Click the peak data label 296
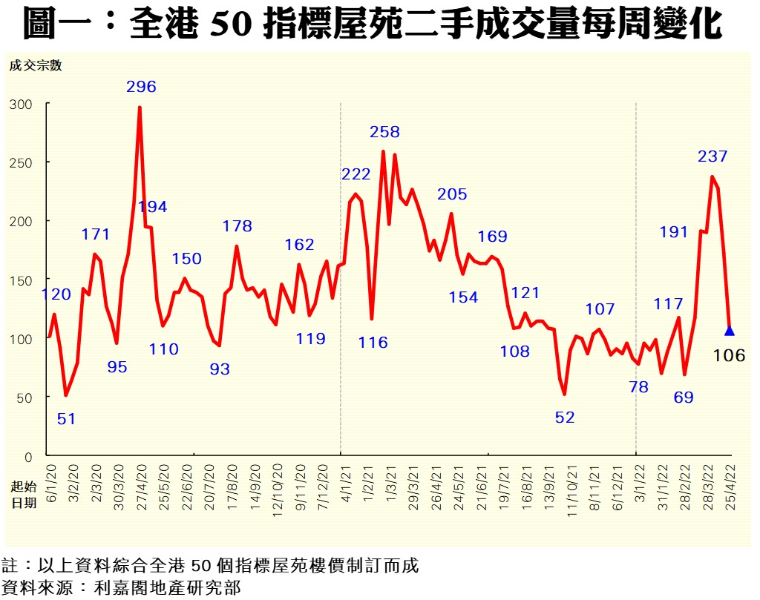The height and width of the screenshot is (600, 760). (x=141, y=87)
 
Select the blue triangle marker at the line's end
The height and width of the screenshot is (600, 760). (x=729, y=331)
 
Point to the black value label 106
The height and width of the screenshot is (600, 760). (x=728, y=356)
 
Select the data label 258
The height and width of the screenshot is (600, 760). (x=384, y=132)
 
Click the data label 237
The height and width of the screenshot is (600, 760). (x=712, y=156)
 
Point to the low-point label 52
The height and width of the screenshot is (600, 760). (x=565, y=418)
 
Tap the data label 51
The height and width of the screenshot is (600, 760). (x=67, y=419)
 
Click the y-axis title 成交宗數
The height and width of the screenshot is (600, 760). (x=35, y=65)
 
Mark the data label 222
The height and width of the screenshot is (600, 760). (x=356, y=174)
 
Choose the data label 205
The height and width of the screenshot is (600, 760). (x=452, y=194)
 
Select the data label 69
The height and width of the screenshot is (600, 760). (x=683, y=398)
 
